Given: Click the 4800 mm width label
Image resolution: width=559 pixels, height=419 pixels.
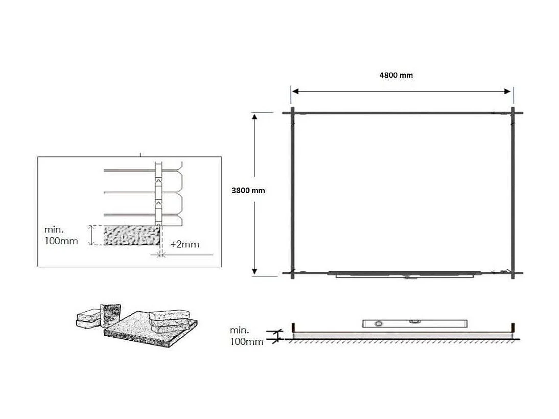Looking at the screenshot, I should (x=395, y=75).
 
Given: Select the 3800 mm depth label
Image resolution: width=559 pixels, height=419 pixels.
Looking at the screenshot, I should (x=248, y=190).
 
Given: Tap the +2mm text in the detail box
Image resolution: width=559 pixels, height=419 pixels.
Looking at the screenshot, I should (x=184, y=244).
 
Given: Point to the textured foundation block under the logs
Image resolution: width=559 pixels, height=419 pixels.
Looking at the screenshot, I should (x=130, y=236).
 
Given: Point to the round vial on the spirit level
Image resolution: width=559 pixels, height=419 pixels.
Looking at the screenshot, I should (x=378, y=324).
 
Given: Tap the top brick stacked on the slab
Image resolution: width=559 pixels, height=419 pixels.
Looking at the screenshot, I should (x=170, y=314).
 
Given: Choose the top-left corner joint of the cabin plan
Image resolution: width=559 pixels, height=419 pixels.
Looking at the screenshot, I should (x=293, y=112).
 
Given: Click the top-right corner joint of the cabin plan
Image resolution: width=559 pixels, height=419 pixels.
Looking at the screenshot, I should (x=513, y=112).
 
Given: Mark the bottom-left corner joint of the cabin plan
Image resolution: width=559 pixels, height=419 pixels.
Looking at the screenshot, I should (x=293, y=273).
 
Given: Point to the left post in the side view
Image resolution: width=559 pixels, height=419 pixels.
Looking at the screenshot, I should (x=293, y=327).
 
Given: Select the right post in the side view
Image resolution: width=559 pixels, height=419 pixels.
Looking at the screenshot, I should (x=513, y=327).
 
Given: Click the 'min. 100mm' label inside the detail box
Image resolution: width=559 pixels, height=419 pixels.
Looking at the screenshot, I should (x=61, y=236).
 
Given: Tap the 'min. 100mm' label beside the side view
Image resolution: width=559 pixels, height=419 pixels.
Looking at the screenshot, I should (x=247, y=336).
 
